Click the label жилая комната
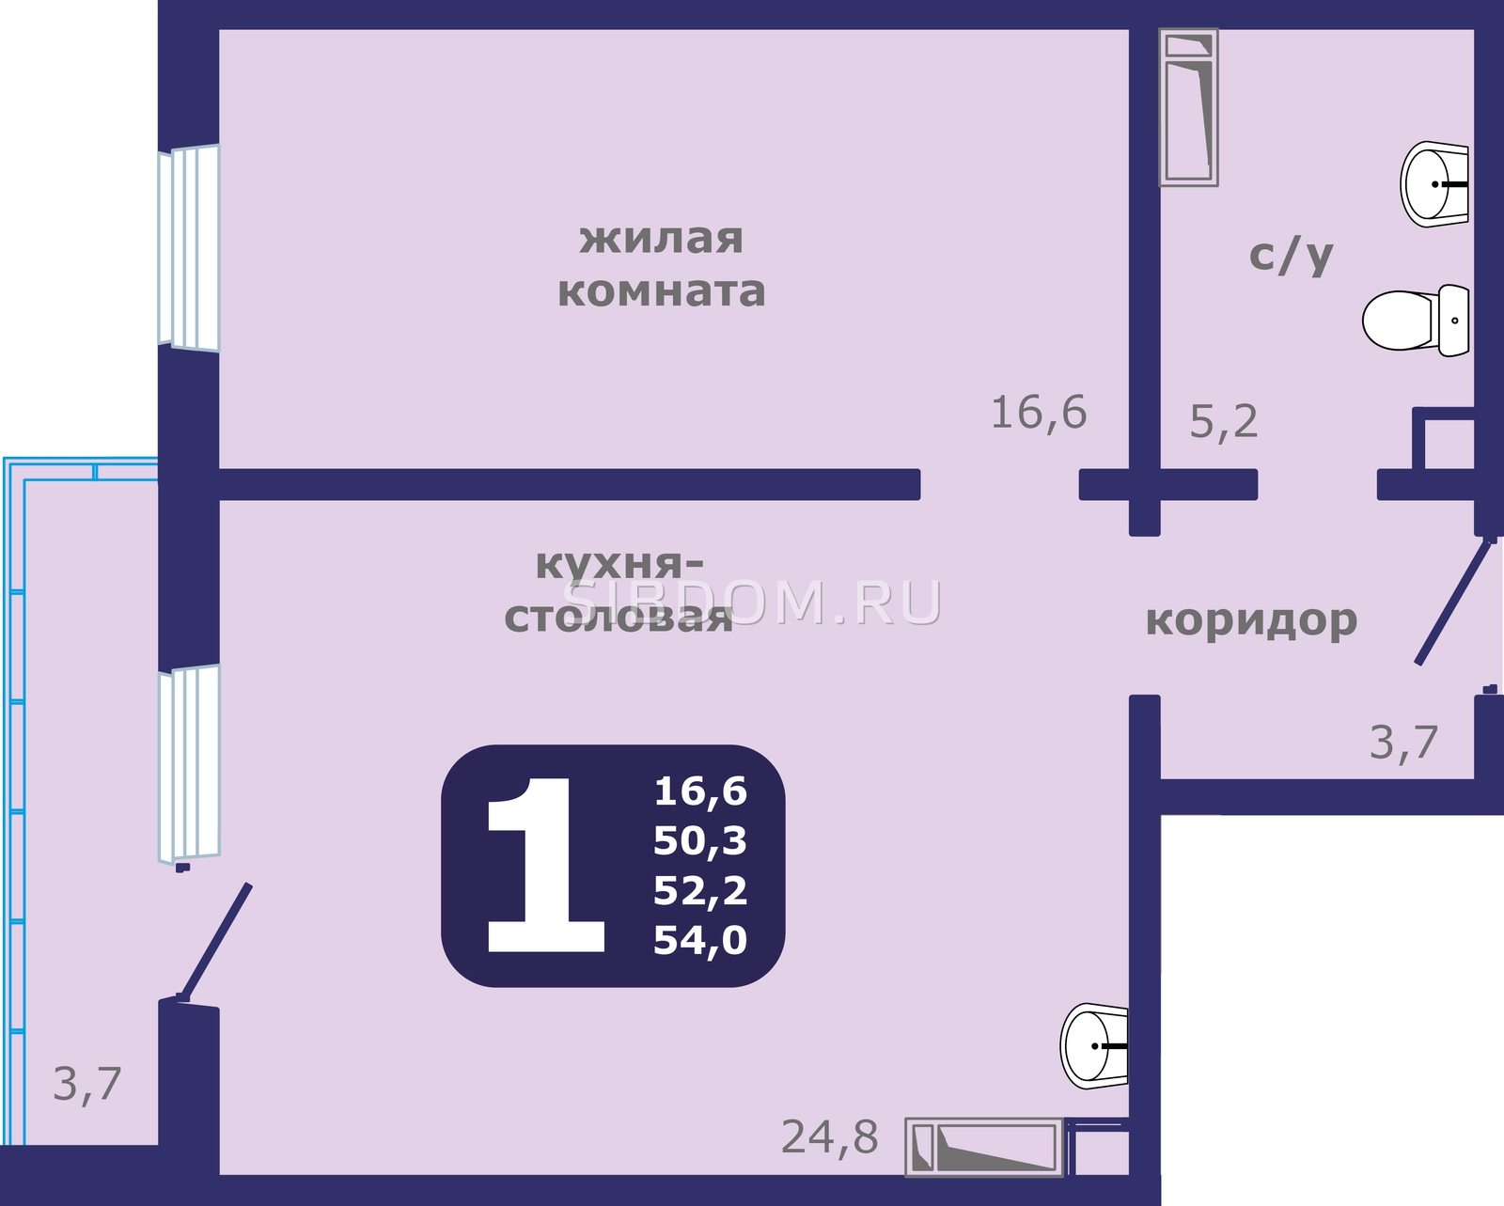point(661,266)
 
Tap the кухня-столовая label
point(619,591)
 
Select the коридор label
point(1251,620)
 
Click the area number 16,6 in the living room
point(1039,413)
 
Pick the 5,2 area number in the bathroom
point(1223,421)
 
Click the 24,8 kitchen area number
point(829,1136)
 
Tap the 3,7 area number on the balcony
point(87,1085)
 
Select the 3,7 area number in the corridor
point(1403,742)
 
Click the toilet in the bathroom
point(1416,321)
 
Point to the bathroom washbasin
point(1433,184)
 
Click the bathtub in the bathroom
point(1189,107)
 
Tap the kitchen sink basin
point(1094,1046)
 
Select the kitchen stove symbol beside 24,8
point(984,1156)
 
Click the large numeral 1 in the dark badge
point(545,865)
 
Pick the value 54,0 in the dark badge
point(700,940)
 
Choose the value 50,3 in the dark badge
point(700,840)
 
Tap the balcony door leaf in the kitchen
point(215,942)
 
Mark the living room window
point(189,248)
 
